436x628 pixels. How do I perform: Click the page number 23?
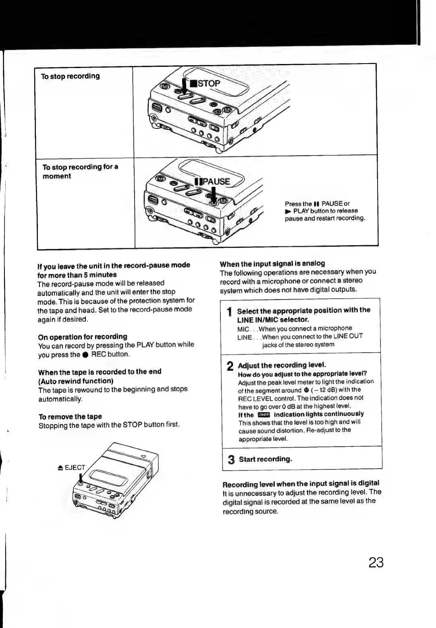pyautogui.click(x=376, y=562)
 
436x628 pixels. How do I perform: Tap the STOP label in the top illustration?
pyautogui.click(x=208, y=84)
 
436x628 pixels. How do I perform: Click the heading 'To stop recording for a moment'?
pyautogui.click(x=80, y=171)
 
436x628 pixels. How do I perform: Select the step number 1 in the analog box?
pyautogui.click(x=229, y=312)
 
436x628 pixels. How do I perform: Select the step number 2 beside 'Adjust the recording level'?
pyautogui.click(x=230, y=366)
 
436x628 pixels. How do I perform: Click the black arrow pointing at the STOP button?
pyautogui.click(x=185, y=86)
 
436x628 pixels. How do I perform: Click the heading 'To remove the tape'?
pyautogui.click(x=70, y=416)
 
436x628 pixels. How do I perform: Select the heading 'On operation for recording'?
pyautogui.click(x=83, y=336)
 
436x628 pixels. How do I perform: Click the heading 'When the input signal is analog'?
pyautogui.click(x=272, y=263)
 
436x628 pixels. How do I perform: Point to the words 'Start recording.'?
pyautogui.click(x=265, y=459)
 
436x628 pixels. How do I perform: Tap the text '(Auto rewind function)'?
pyautogui.click(x=75, y=380)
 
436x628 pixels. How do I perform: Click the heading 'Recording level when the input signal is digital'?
pyautogui.click(x=301, y=483)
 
